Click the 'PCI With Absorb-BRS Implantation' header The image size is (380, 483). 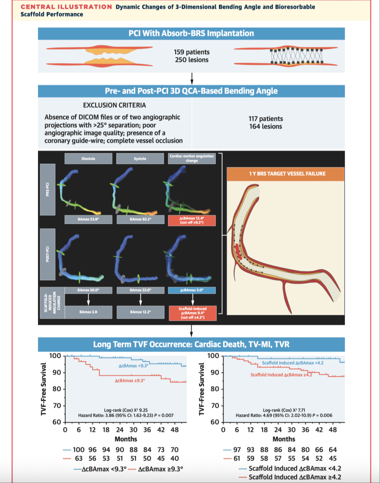[191, 33]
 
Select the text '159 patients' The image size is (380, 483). [191, 52]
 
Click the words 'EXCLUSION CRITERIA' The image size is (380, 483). [114, 105]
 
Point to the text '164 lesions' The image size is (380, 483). [266, 127]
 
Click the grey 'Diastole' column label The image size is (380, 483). [88, 159]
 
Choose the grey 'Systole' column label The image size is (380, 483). [140, 159]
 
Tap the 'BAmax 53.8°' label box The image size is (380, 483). [88, 219]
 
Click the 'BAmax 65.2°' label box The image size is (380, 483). [140, 219]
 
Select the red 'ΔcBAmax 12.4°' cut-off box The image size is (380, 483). [192, 221]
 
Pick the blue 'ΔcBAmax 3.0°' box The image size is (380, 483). [192, 290]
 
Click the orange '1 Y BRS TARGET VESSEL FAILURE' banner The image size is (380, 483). [287, 174]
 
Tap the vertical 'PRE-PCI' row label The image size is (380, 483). [47, 189]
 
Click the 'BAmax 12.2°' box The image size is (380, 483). [140, 312]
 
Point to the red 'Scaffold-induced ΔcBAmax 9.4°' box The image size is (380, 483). [192, 313]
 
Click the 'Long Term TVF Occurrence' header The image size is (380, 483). [191, 344]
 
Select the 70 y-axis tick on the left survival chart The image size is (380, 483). [57, 406]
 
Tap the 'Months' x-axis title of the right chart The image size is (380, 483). [284, 439]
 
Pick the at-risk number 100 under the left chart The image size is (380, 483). [78, 450]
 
